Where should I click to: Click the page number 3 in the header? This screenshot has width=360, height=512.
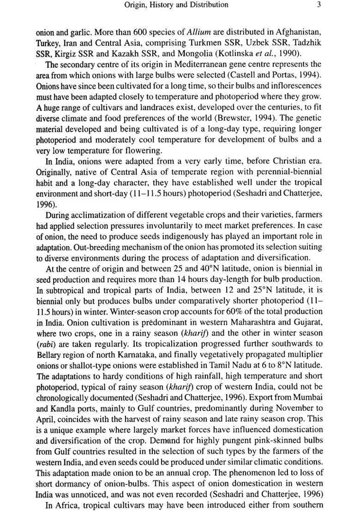click(x=319, y=5)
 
